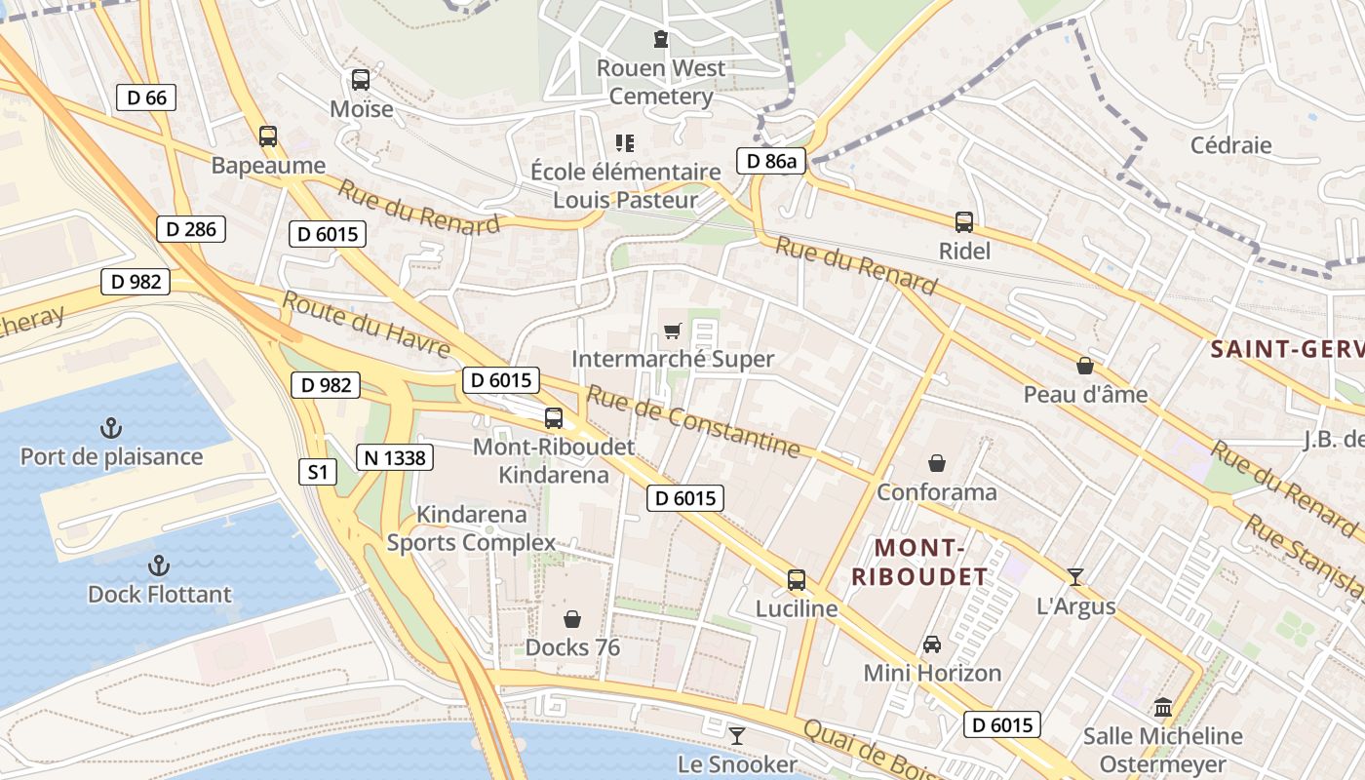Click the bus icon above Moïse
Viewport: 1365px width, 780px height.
tap(361, 80)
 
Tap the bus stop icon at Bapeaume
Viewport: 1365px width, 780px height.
tap(268, 136)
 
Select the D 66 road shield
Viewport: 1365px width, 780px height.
tap(146, 97)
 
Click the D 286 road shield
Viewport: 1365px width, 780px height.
tap(191, 229)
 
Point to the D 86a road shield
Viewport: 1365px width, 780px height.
tap(770, 162)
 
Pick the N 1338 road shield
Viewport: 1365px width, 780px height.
tap(394, 456)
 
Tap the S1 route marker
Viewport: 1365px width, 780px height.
tap(317, 473)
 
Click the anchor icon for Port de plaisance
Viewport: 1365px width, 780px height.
tap(111, 428)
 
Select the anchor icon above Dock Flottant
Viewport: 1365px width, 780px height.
tap(158, 565)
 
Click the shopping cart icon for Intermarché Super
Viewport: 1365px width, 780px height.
tap(672, 331)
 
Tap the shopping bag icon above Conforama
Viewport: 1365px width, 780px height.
tap(937, 463)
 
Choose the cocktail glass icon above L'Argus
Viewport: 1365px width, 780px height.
tap(1074, 577)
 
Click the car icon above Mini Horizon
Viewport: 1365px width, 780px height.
tap(932, 644)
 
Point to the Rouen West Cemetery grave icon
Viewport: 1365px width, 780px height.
tap(661, 39)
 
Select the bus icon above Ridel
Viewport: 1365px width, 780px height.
tap(964, 222)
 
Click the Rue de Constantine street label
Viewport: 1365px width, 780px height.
tap(692, 421)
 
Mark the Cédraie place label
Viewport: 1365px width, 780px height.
tap(1230, 145)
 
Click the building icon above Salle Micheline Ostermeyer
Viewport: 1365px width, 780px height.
tap(1162, 707)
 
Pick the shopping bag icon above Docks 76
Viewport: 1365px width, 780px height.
tap(572, 619)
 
